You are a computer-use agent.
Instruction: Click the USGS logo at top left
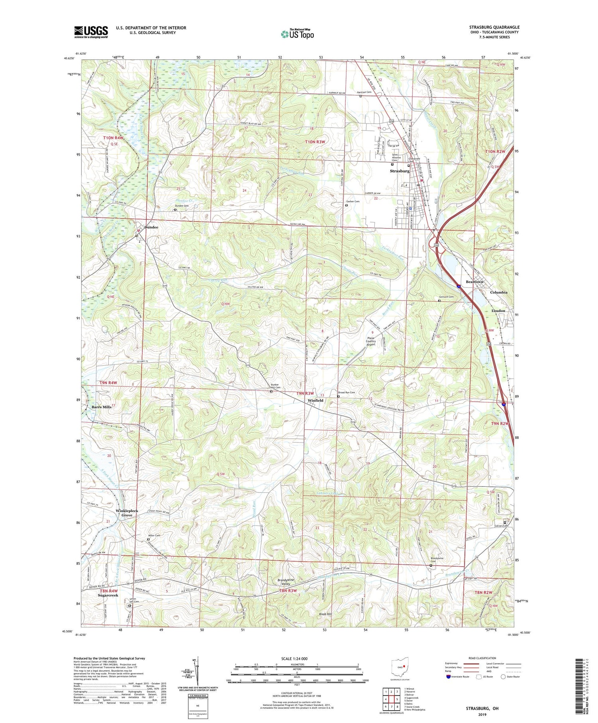pos(91,32)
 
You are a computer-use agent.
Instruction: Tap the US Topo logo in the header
pos(297,34)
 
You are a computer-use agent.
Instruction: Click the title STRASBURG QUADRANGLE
pos(494,27)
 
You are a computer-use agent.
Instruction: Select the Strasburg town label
pos(399,171)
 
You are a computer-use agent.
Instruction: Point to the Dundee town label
pos(151,227)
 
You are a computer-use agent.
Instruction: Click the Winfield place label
pos(315,400)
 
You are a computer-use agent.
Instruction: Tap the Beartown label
pos(474,282)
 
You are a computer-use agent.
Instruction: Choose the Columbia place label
pos(498,292)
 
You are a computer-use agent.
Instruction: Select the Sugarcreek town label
pos(108,595)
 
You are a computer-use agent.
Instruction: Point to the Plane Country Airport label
pos(371,341)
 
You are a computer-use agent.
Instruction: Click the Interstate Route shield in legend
pos(448,676)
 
